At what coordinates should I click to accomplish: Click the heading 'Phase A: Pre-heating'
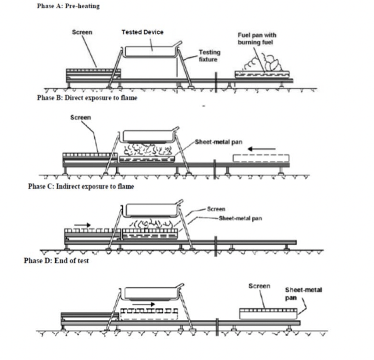coord(68,6)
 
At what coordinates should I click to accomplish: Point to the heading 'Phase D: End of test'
coord(57,261)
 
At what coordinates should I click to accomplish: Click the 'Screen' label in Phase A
coord(82,32)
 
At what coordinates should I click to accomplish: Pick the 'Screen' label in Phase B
coord(80,117)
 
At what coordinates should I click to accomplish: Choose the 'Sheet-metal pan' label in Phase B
coord(217,142)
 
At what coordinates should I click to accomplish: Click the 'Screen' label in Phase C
coord(216,209)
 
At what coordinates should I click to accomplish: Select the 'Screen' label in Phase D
coord(259,286)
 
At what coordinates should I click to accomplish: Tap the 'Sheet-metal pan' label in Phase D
coord(303,293)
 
